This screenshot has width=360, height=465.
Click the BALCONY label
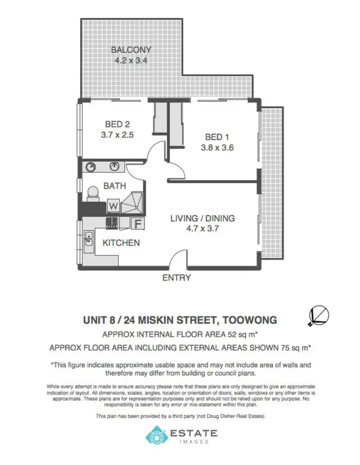click(131, 49)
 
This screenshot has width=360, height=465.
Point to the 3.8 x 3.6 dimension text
click(216, 148)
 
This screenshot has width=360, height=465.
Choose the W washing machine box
click(113, 206)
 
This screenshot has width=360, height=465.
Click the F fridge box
click(137, 223)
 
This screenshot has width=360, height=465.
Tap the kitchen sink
click(89, 239)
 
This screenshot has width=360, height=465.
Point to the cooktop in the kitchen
click(112, 222)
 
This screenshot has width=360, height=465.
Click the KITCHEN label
click(121, 243)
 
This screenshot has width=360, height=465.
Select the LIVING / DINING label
click(203, 218)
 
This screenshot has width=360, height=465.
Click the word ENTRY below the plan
click(177, 278)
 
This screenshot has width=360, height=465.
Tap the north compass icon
click(319, 316)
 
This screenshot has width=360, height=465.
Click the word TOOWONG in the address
click(249, 319)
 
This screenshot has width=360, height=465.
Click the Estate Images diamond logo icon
click(155, 436)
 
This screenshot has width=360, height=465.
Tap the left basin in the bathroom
click(91, 167)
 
